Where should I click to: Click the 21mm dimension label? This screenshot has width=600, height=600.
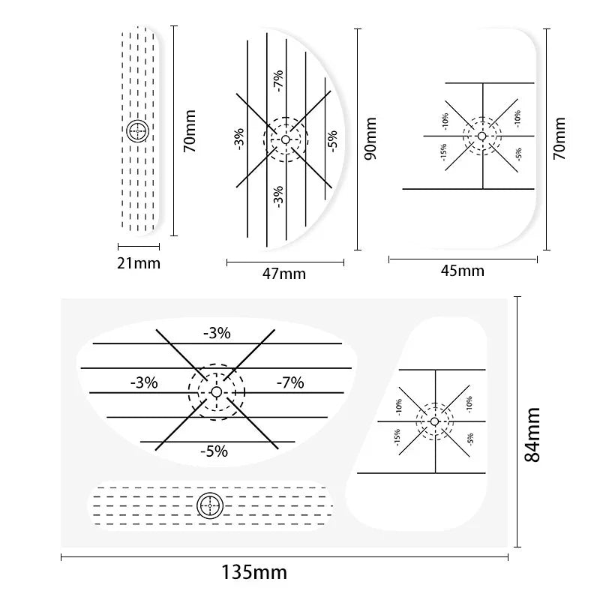pyautogui.click(x=139, y=262)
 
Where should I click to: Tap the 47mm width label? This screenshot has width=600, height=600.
pyautogui.click(x=284, y=274)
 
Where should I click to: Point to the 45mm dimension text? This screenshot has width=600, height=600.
pyautogui.click(x=462, y=270)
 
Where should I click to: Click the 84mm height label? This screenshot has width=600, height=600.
pyautogui.click(x=533, y=435)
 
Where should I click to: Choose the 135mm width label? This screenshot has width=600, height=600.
pyautogui.click(x=254, y=572)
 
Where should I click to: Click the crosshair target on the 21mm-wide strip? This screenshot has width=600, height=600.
pyautogui.click(x=137, y=130)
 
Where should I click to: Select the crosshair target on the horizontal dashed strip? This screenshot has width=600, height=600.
pyautogui.click(x=209, y=505)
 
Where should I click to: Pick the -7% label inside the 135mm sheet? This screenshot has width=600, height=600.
pyautogui.click(x=289, y=382)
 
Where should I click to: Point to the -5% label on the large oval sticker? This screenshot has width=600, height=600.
pyautogui.click(x=214, y=451)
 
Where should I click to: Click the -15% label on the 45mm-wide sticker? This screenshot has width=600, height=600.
pyautogui.click(x=444, y=153)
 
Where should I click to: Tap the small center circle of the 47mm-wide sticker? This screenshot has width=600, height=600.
pyautogui.click(x=286, y=139)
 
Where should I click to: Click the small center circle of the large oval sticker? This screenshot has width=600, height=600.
pyautogui.click(x=216, y=392)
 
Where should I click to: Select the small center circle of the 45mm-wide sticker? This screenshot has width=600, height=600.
pyautogui.click(x=481, y=136)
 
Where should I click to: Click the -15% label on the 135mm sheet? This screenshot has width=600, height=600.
pyautogui.click(x=397, y=437)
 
